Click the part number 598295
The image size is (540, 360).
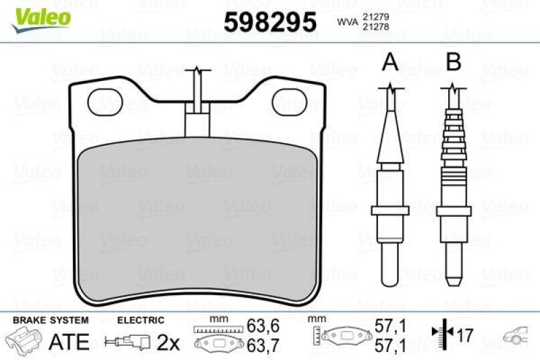pyautogui.click(x=270, y=22)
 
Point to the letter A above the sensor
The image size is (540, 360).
pyautogui.click(x=389, y=63)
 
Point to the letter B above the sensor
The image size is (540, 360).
pyautogui.click(x=454, y=63)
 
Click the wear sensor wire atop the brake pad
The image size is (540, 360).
pyautogui.click(x=196, y=91)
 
